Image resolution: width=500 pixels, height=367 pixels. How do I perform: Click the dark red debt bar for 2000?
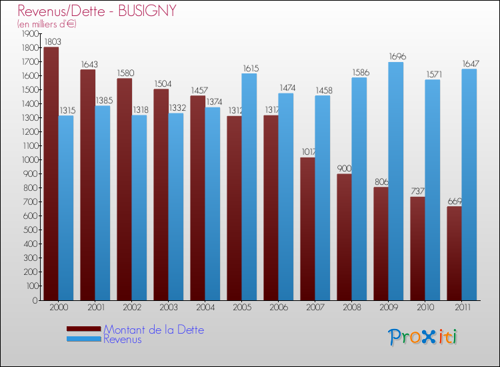click(51, 173)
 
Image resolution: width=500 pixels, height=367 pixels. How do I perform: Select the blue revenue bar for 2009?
click(396, 181)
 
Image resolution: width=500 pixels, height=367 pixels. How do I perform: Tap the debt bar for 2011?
click(454, 254)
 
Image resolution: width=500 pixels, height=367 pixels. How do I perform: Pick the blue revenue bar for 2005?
click(249, 187)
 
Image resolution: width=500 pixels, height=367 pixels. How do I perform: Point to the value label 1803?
click(51, 41)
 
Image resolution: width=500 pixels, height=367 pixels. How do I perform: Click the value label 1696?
click(397, 57)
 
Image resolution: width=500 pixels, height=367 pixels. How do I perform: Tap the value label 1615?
click(250, 68)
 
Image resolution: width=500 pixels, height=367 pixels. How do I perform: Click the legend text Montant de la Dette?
click(153, 330)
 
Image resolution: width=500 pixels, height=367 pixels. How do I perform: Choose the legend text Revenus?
click(123, 339)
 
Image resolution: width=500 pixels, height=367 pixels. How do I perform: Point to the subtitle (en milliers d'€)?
click(47, 24)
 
